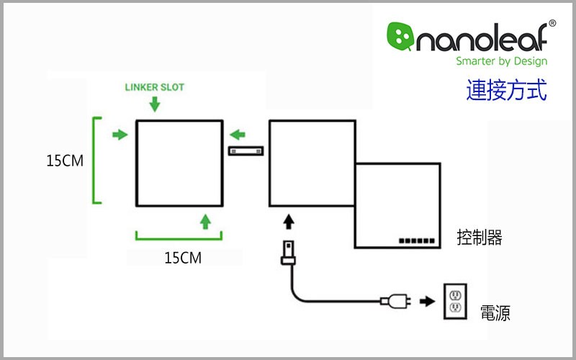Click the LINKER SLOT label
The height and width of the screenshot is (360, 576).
pos(155,88)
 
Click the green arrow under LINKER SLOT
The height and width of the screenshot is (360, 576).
pos(155,104)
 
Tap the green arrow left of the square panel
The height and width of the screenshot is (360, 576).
pos(120,134)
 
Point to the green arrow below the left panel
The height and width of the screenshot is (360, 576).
pos(206,220)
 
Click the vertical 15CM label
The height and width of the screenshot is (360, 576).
pos(65,161)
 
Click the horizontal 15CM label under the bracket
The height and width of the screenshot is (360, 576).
pos(182,257)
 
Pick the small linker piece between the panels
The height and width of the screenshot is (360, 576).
pos(246,151)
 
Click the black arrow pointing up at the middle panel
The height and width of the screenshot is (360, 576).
pos(289,220)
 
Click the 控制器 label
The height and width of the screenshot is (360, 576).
pos(479,238)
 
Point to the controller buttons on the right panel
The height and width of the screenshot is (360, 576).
pos(416,238)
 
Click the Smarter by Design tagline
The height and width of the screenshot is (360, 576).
pos(501,61)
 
